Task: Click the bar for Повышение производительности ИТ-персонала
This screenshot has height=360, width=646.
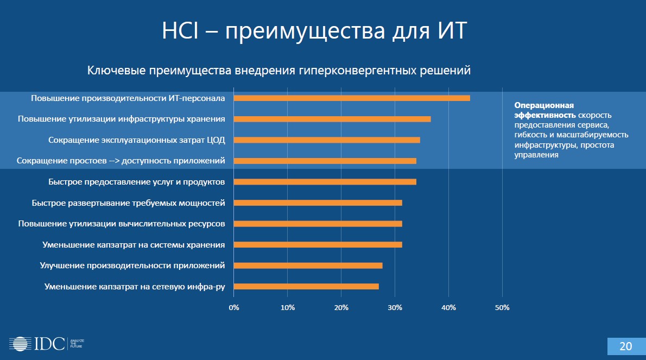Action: (x=351, y=98)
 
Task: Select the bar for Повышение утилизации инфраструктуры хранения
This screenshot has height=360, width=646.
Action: (x=332, y=119)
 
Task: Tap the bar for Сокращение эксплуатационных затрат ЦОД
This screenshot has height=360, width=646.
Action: (x=326, y=140)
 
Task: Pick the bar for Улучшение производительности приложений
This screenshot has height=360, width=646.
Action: (x=308, y=266)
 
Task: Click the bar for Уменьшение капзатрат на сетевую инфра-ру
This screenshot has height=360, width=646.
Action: (x=306, y=287)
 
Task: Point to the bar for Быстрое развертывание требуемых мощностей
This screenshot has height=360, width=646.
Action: (x=318, y=203)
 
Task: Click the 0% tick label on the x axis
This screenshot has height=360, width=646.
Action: (x=234, y=308)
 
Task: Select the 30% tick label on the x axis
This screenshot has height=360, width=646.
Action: (x=395, y=308)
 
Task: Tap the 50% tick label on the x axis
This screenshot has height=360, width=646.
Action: (x=502, y=308)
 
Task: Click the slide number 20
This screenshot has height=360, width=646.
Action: (x=625, y=346)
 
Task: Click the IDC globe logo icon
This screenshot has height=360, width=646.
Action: (x=18, y=343)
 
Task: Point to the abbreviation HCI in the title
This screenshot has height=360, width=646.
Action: (x=182, y=31)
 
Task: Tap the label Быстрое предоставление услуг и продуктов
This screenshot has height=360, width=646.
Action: (x=136, y=181)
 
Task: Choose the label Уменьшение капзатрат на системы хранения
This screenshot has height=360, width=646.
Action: (x=134, y=244)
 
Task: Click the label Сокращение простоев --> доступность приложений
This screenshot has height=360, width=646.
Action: (x=121, y=161)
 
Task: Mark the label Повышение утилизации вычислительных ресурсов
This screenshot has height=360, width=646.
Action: (x=122, y=223)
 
